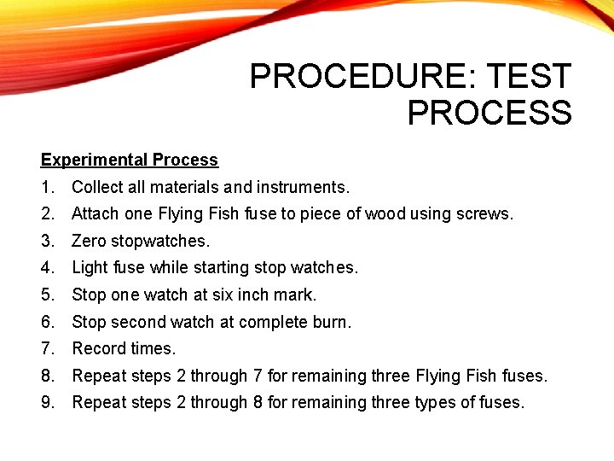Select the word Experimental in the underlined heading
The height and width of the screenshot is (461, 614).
coord(94,160)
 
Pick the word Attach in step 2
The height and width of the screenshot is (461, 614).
coord(95,213)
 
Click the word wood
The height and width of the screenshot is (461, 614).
coord(385,213)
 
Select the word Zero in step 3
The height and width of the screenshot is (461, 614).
coord(89,241)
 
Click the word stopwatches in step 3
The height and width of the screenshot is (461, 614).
coord(162,241)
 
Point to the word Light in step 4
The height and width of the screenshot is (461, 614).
coord(90,267)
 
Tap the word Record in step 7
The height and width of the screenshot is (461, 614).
coord(96,348)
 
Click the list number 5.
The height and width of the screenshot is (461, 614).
coord(47,295)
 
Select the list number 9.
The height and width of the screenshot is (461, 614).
coord(47,402)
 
